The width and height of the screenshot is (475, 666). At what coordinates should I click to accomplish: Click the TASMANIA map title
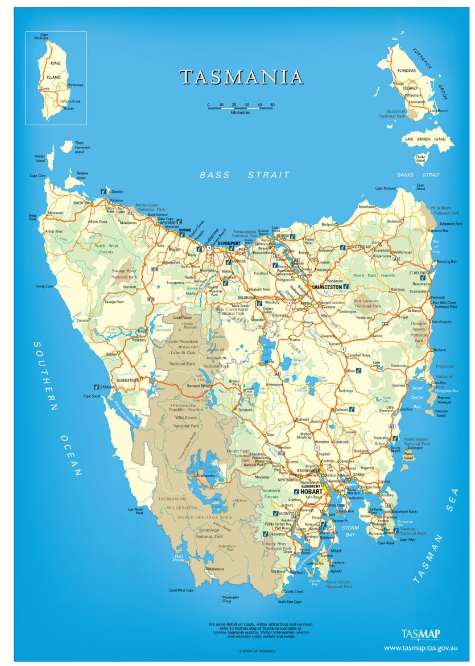tap(241, 77)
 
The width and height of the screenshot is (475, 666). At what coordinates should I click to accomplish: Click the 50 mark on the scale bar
tap(272, 105)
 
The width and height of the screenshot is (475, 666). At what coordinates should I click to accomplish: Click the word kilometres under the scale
tap(240, 113)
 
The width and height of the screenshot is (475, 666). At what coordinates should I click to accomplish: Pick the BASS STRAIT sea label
tap(245, 175)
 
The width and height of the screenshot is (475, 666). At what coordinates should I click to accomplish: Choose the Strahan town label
tap(108, 387)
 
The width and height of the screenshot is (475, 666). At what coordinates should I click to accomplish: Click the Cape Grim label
tap(37, 176)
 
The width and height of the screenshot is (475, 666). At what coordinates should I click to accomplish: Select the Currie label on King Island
tap(44, 89)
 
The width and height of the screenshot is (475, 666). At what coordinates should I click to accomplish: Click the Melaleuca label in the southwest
tap(216, 569)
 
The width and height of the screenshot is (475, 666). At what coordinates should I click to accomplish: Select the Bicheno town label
tap(440, 350)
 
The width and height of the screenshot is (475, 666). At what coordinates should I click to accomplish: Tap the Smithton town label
tap(81, 202)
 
